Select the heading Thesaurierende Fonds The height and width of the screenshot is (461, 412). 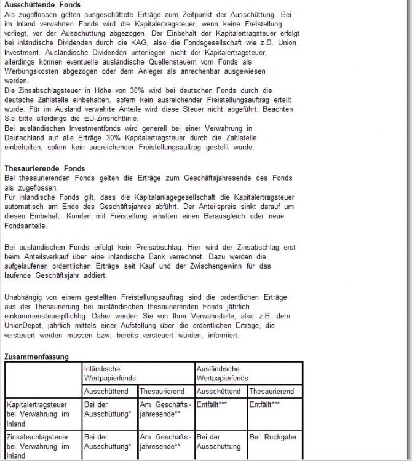click(44, 168)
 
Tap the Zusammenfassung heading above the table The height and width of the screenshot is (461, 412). click(36, 356)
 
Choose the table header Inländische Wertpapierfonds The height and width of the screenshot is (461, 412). click(111, 372)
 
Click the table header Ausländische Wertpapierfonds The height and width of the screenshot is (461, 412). click(223, 372)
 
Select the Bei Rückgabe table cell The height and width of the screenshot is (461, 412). click(272, 437)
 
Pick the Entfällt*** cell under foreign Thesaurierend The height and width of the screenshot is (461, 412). click(265, 404)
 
